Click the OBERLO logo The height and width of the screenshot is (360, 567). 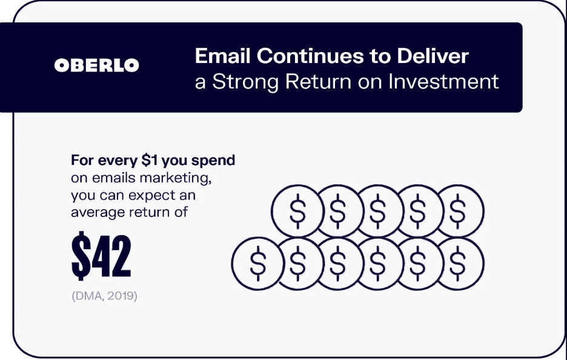97,65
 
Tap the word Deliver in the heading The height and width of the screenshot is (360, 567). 433,56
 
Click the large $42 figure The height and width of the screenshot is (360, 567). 101,257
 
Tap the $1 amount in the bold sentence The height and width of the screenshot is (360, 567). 151,161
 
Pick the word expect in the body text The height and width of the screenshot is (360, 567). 152,196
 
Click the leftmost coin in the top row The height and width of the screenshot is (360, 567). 297,211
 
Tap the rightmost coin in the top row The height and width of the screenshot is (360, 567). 459,211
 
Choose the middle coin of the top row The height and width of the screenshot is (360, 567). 377,211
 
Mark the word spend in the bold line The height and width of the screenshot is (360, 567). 214,161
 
